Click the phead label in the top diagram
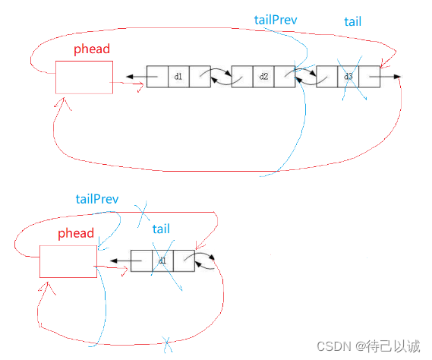point(92,49)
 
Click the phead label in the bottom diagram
point(76,233)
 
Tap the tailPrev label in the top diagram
point(276,20)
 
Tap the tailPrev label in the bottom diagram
point(97,199)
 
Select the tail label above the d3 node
point(352,21)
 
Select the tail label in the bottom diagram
point(161,229)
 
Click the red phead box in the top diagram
point(84,77)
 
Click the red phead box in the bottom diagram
point(68,261)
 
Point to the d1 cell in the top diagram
point(178,77)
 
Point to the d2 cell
point(263,77)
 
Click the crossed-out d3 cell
point(348,77)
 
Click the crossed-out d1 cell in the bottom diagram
point(162,261)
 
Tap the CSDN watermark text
point(368,346)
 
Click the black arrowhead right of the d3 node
point(397,77)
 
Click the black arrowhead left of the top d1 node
point(130,77)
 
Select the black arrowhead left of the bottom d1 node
point(114,261)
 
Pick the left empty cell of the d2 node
point(242,77)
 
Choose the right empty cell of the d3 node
point(370,77)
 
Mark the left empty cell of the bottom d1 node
point(141,261)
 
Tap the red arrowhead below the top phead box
point(63,103)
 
